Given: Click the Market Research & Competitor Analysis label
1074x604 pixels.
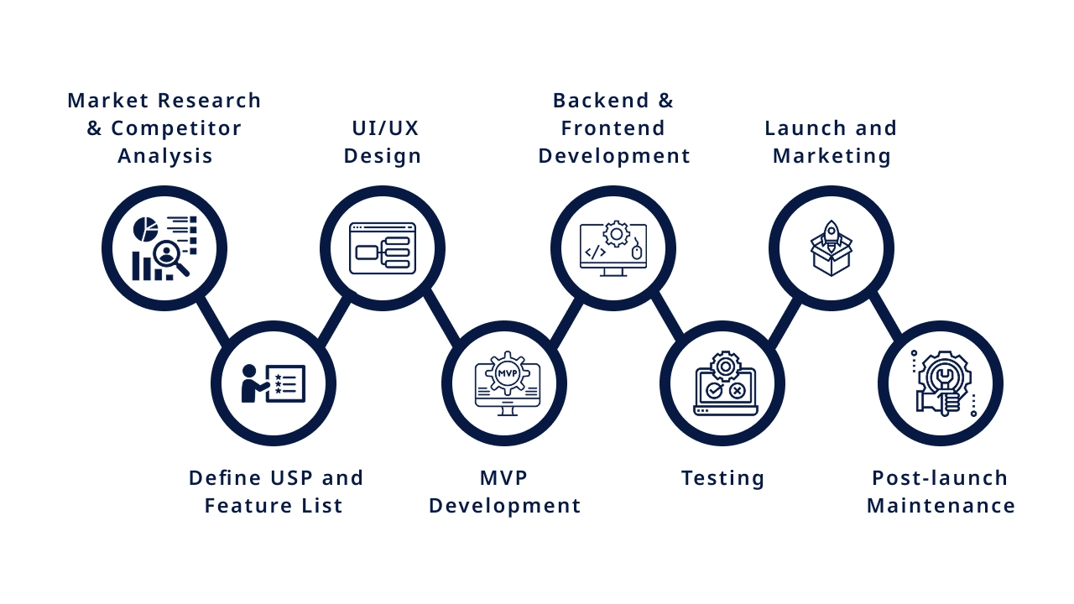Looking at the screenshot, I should click(164, 128).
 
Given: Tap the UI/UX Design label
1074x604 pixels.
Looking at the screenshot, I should click(383, 142).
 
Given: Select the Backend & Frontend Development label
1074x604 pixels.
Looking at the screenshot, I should click(614, 128).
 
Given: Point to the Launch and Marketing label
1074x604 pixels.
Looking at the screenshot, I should click(832, 142).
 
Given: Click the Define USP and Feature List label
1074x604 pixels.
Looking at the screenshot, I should click(276, 492).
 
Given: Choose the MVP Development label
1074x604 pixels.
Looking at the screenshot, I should click(504, 492).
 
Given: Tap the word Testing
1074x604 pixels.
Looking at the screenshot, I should click(722, 478).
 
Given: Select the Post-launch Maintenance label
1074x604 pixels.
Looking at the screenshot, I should click(941, 492).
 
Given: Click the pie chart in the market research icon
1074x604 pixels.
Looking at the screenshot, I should click(146, 229).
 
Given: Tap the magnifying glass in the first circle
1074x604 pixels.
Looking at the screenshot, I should click(169, 255).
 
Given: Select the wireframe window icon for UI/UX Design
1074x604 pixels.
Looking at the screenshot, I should click(383, 248).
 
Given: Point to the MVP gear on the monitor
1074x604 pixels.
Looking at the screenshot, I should click(508, 372).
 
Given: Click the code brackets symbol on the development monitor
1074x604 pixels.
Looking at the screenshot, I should click(595, 252).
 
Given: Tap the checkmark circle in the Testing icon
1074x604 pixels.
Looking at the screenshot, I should click(714, 390).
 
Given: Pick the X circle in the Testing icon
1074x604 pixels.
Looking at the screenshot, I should click(737, 390).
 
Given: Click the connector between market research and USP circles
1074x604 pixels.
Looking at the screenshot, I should click(213, 320).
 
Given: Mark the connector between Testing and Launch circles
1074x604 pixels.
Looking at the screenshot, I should click(784, 322).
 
